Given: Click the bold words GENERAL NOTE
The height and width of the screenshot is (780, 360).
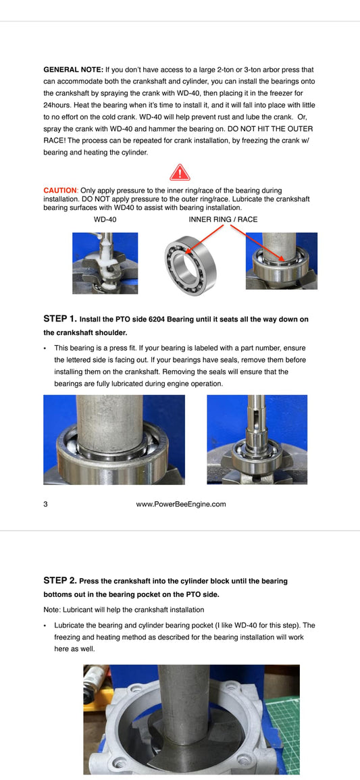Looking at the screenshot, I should click(73, 70).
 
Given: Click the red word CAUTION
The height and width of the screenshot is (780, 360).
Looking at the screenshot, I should click(59, 191).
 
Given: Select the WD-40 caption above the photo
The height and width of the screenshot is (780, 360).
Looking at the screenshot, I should click(105, 219).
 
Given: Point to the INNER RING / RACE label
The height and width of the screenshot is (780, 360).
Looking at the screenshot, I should click(223, 219).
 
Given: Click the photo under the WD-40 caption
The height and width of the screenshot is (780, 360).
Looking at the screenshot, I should click(105, 263).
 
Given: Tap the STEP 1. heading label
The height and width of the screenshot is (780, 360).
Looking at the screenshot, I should click(60, 318).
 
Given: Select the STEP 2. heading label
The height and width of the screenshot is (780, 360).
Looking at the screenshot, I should click(60, 580).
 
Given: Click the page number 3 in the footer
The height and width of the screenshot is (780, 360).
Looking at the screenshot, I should click(45, 504).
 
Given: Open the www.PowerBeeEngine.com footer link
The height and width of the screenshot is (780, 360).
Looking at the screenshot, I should click(180, 504).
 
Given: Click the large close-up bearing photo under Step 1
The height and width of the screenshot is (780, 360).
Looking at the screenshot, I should click(113, 440).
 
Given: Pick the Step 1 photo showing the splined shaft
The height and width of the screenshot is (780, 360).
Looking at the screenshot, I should click(257, 440).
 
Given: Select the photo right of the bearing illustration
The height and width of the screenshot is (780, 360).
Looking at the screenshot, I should click(281, 261).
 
